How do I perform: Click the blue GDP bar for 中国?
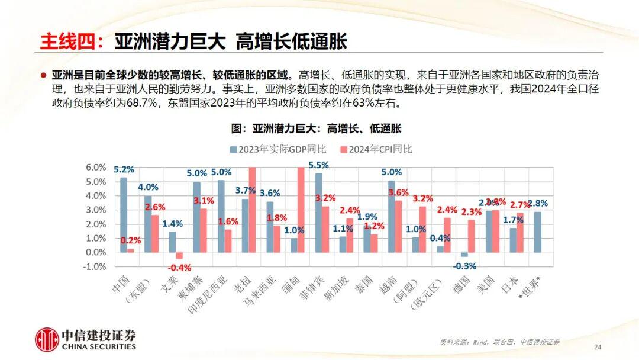click(124, 214)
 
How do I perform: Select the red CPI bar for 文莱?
click(179, 255)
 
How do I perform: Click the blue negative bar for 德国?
click(464, 254)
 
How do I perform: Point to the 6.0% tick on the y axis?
click(96, 168)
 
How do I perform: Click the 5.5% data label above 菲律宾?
click(318, 165)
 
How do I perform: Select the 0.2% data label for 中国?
click(131, 240)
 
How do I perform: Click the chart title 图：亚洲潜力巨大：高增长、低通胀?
click(316, 128)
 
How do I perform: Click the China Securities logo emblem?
click(47, 340)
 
